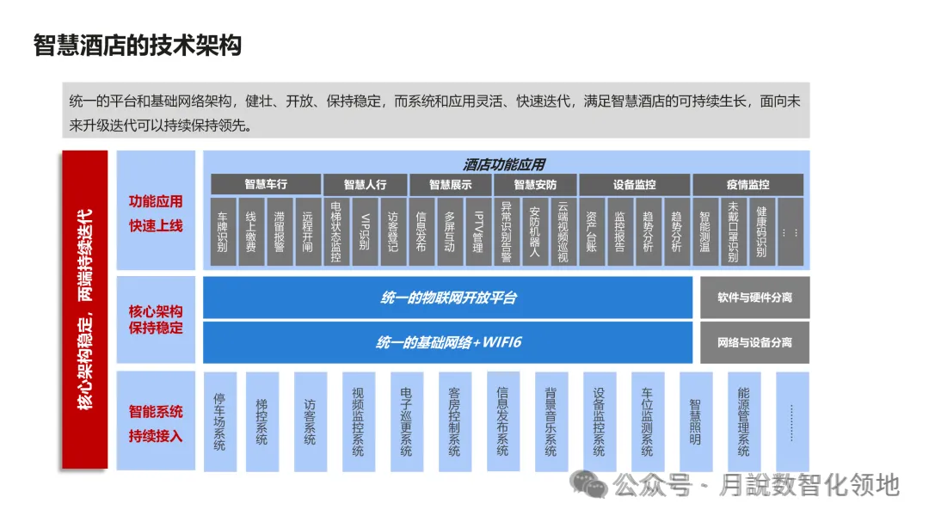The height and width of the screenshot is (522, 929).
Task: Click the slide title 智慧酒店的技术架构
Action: pos(138,45)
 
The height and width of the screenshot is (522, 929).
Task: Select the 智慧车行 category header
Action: pos(265,185)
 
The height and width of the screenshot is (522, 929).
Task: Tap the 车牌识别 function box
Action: pos(223,231)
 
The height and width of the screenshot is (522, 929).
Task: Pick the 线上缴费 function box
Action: pos(251,231)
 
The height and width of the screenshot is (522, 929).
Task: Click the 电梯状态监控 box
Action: pos(335,231)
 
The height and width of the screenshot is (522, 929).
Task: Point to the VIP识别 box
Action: pos(364,231)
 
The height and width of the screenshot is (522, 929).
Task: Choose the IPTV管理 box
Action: pos(477,231)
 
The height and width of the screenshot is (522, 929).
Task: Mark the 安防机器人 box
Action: pos(533,231)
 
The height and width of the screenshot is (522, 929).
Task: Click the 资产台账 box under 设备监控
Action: pos(591,231)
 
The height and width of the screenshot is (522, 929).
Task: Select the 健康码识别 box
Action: pos(760,231)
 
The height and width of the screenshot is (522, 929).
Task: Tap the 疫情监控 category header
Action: pos(748,185)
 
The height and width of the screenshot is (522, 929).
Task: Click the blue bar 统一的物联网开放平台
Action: pos(447,298)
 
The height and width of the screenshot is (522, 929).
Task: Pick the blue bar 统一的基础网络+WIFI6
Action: pos(447,342)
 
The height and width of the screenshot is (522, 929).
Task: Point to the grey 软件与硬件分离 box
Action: pos(754,298)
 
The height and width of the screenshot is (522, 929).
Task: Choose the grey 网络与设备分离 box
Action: pos(754,342)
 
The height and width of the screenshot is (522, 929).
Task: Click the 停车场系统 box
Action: pos(219,422)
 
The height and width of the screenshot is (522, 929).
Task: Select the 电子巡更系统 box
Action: pos(406,422)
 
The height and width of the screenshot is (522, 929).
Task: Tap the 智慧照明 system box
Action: pos(695,422)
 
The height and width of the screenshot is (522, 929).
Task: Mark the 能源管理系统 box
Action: pos(743,422)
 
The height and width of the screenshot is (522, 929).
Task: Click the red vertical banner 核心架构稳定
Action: pos(84,310)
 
